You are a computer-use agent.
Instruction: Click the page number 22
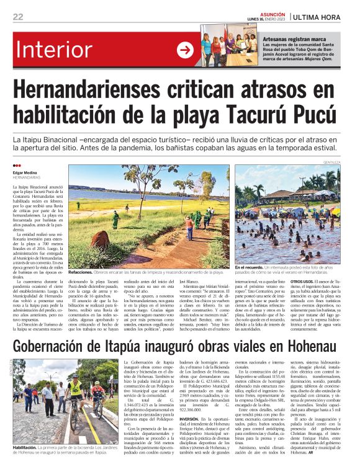coord(17,17)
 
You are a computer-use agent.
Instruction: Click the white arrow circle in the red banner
coord(185,51)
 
